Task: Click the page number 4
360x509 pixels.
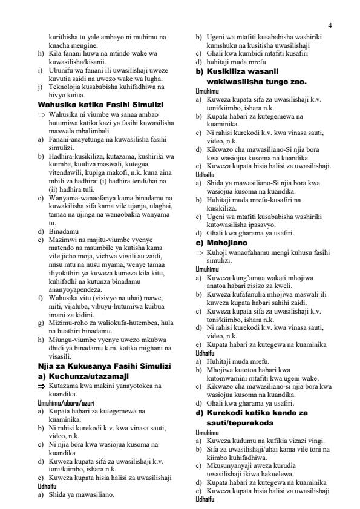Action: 330,25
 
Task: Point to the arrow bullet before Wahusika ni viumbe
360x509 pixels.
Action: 42,114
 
